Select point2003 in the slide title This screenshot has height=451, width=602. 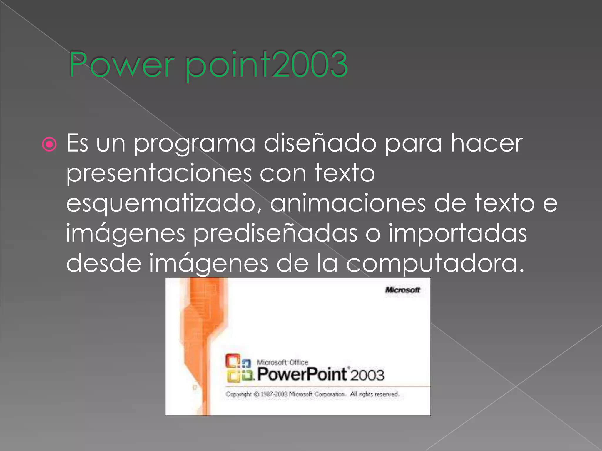[x=266, y=65]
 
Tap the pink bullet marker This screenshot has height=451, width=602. [x=49, y=144]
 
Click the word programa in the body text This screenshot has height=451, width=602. [x=194, y=144]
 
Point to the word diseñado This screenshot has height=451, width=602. [x=320, y=143]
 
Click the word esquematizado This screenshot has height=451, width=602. [x=163, y=204]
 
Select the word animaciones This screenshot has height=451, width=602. [x=348, y=203]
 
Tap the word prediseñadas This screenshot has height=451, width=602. [x=275, y=234]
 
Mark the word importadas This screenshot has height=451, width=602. [x=458, y=234]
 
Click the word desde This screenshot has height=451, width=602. [x=104, y=263]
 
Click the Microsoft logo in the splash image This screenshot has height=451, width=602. [x=402, y=290]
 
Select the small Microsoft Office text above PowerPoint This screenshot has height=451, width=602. [x=282, y=362]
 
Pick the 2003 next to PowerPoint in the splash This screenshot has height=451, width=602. [x=367, y=376]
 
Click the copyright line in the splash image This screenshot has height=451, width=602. [x=312, y=394]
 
